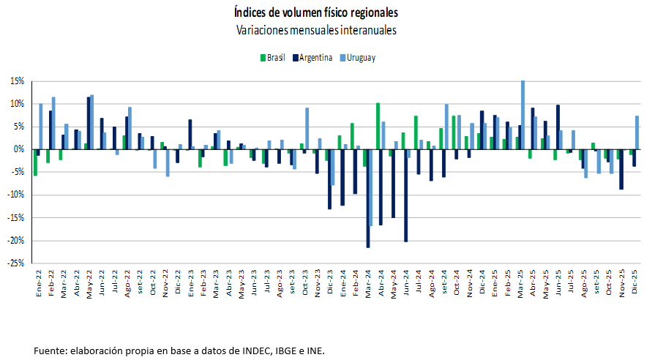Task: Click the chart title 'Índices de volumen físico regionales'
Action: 316,12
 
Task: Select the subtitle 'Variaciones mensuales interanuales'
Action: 316,31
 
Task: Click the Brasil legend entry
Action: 272,58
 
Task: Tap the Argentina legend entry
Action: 312,58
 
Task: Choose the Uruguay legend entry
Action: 357,58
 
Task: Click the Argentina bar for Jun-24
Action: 405,195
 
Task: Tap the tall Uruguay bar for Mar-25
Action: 523,115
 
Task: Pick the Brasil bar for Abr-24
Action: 378,126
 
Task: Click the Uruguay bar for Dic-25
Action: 637,132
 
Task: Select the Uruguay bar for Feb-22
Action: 53,123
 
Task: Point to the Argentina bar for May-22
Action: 88,123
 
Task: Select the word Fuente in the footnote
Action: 50,351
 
